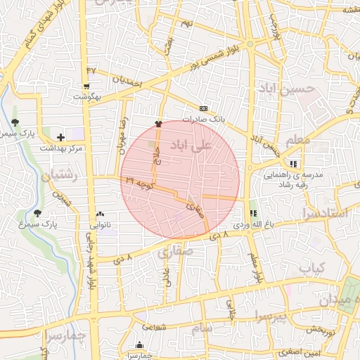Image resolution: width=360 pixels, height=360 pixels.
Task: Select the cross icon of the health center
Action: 60,137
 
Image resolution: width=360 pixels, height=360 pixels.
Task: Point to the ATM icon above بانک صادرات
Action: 203,108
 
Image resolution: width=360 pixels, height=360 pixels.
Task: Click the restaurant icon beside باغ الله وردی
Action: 253,213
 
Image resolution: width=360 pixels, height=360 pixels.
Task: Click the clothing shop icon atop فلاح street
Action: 158,123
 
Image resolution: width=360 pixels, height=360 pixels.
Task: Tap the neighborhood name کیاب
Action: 313,268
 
